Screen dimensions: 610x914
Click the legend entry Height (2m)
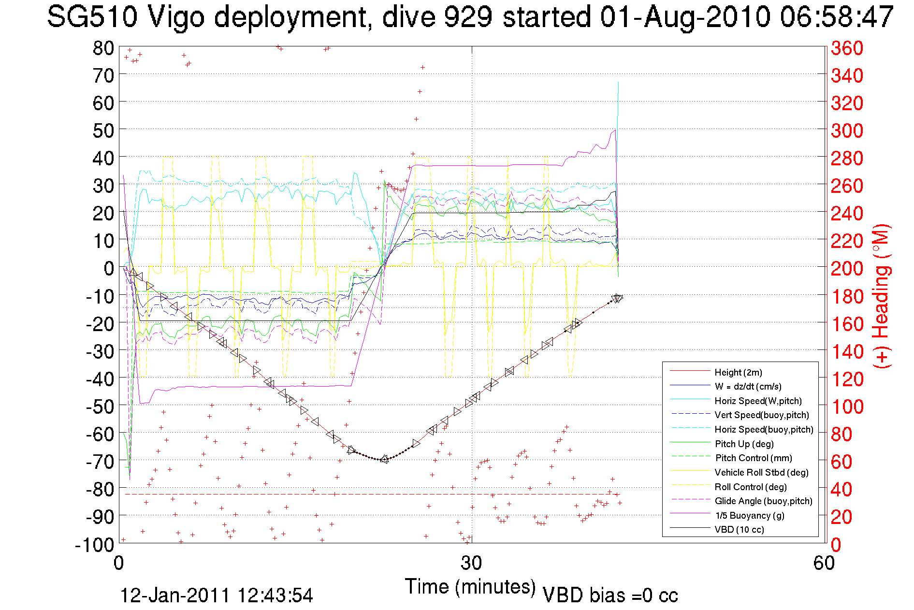click(x=738, y=372)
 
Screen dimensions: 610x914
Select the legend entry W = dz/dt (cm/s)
click(x=748, y=386)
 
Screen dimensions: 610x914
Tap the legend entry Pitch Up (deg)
click(x=744, y=444)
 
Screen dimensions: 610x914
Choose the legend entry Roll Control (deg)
click(x=750, y=487)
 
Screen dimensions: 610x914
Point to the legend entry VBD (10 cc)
click(x=739, y=529)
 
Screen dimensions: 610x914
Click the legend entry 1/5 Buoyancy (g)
click(x=749, y=515)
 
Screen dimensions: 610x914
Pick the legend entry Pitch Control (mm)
click(x=754, y=458)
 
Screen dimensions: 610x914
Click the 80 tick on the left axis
click(x=103, y=48)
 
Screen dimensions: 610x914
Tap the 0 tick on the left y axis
click(x=109, y=268)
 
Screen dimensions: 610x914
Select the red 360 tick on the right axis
click(x=847, y=48)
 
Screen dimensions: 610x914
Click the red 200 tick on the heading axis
click(x=847, y=268)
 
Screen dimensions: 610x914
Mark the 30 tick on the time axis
click(x=471, y=563)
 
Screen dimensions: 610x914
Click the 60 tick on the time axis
click(x=824, y=563)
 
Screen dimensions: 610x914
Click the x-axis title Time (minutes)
click(x=470, y=587)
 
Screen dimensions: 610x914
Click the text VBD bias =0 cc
click(x=610, y=595)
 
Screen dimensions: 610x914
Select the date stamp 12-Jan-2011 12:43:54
click(x=217, y=595)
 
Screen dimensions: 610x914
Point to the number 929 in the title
click(x=468, y=17)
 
